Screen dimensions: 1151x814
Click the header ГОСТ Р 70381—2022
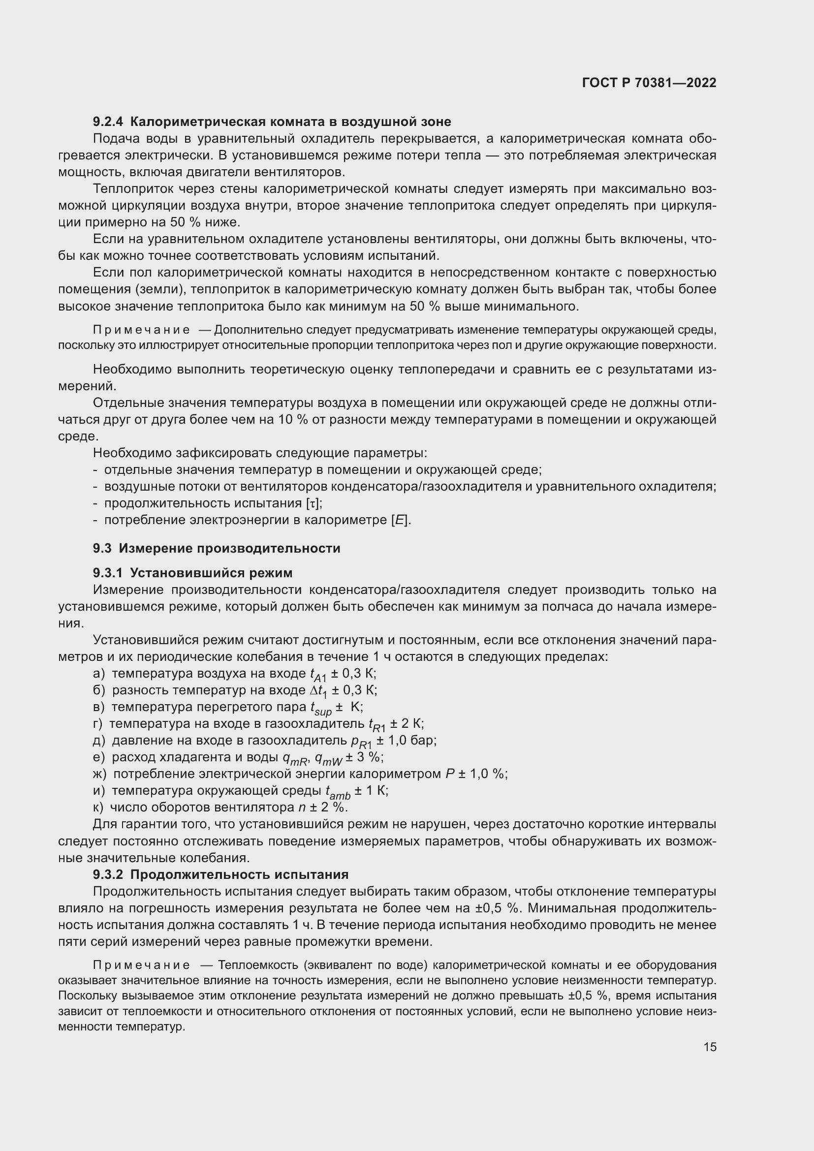tap(649, 83)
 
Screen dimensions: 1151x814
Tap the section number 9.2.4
tap(108, 122)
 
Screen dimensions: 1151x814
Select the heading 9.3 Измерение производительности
tap(216, 548)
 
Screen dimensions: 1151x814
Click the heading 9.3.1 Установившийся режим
tap(192, 573)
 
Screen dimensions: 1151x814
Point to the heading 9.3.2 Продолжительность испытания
tap(220, 875)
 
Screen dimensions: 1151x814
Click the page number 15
tap(710, 1047)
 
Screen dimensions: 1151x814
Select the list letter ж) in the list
tap(99, 774)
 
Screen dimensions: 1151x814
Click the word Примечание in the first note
tap(141, 330)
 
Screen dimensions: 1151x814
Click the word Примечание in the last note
tap(141, 965)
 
